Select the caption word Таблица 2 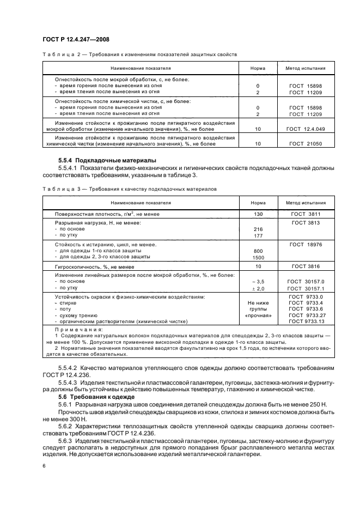(x=59, y=54)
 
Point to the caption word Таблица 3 (x=59, y=189)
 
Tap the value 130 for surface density (x=258, y=214)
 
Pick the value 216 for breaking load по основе (x=258, y=229)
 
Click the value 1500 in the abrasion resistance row (x=258, y=257)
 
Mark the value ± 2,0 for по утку (x=258, y=288)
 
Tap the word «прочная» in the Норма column (x=258, y=315)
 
